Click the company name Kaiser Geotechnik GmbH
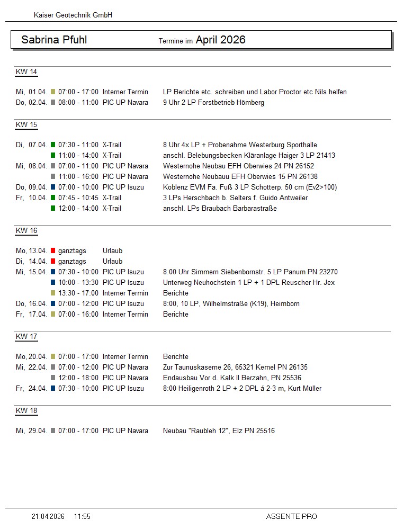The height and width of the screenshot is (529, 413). tap(73, 15)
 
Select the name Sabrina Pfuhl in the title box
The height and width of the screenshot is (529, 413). tap(54, 40)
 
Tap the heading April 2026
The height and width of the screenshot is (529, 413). tap(220, 40)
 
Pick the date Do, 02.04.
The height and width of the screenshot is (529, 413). tap(31, 102)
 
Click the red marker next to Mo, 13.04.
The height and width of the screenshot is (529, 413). tap(53, 250)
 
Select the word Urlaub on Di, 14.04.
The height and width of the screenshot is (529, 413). tap(112, 261)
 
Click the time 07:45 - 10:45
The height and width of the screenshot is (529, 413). tap(78, 198)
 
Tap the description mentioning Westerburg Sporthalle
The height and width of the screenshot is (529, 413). tap(240, 145)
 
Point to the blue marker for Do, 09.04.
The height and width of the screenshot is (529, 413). tap(53, 187)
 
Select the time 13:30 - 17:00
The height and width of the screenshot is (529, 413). tap(78, 293)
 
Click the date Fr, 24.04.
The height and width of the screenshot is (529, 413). tap(31, 388)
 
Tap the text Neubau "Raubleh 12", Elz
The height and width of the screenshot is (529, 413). tap(204, 431)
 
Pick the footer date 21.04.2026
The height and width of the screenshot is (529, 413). tap(48, 516)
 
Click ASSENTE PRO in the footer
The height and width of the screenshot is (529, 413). tap(291, 516)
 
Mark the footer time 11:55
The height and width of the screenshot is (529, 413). tap(82, 516)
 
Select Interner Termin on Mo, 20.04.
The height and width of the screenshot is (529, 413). tap(125, 356)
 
